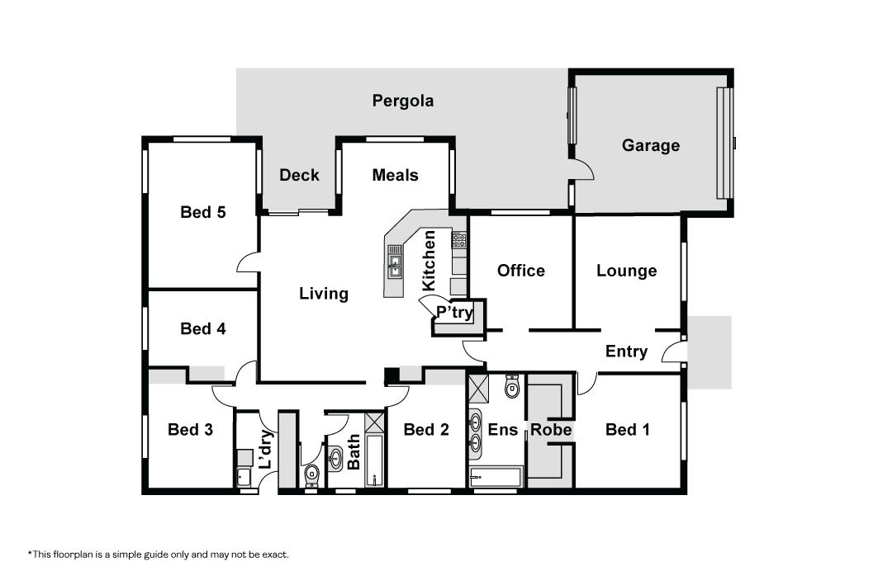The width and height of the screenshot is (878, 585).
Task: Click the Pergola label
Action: pos(402,101)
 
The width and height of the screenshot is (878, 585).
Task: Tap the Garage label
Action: pos(651,145)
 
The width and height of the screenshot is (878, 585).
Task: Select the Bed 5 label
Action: pos(202,212)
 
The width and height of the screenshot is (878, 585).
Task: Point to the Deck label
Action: pos(299,175)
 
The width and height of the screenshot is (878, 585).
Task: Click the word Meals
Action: pos(396,175)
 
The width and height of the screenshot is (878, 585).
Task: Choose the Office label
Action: pos(520,271)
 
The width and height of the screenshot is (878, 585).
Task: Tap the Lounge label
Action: pos(627,271)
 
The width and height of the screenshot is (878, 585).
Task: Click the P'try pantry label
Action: pos(454,312)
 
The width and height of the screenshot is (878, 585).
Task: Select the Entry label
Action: pos(627,351)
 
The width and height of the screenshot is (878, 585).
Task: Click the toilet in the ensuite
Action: pos(512,386)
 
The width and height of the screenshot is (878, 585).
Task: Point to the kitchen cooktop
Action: pos(459,240)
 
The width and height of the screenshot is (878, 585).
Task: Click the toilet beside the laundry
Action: pos(311,476)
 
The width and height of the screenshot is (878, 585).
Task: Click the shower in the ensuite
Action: pos(478,389)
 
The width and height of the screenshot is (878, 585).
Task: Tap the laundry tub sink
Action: pos(244,477)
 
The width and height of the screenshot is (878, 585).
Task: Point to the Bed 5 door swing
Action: pos(248,262)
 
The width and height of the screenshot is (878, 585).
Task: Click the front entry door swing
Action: pos(672,351)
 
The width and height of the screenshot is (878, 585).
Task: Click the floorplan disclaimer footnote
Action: pos(159,554)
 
